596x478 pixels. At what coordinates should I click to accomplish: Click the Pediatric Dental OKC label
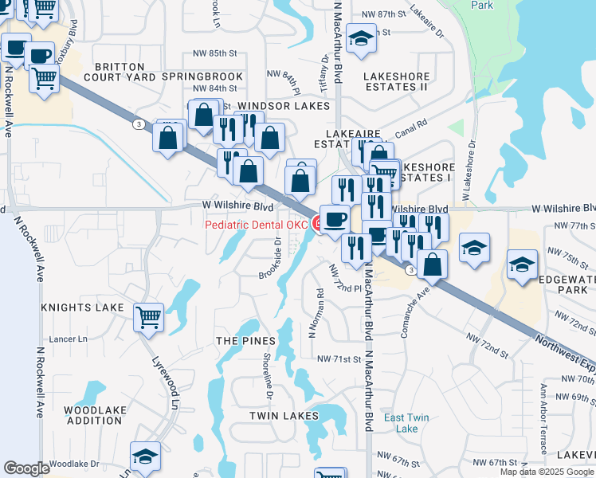click(256, 225)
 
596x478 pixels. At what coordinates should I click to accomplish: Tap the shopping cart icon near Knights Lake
click(149, 318)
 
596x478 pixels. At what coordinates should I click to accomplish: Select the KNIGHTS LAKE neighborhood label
click(83, 307)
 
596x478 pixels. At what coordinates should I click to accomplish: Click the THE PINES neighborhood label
click(239, 340)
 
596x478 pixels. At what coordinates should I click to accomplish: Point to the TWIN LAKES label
click(279, 416)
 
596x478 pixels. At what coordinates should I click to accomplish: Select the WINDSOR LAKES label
click(284, 106)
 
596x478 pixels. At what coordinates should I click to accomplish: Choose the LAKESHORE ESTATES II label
click(396, 81)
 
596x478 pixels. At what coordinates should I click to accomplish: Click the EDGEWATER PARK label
click(569, 284)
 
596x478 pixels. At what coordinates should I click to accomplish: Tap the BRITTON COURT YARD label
click(119, 72)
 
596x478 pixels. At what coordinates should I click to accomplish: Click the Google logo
click(26, 468)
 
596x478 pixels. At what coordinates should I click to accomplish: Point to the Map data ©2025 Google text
click(547, 472)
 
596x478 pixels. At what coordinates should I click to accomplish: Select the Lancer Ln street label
click(69, 339)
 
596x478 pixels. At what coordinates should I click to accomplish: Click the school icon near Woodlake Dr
click(146, 457)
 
